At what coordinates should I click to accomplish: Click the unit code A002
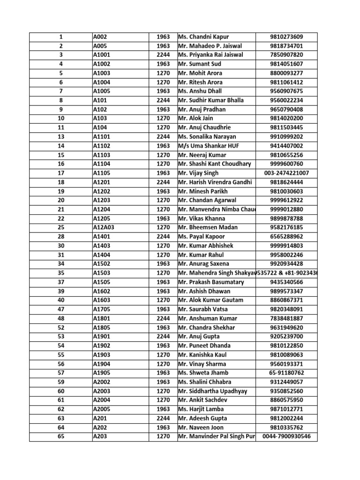coord(100,37)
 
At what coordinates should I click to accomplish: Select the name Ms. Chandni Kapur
coord(203,37)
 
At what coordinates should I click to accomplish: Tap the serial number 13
coord(61,137)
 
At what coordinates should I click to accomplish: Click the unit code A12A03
coord(104,227)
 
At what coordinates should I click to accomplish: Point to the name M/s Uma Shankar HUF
coord(209,146)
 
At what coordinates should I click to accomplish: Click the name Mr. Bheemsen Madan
coord(208,227)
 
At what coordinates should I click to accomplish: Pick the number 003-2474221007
coord(286,173)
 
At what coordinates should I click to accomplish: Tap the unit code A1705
coord(102,309)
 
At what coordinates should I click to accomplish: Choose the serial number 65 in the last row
coord(61,436)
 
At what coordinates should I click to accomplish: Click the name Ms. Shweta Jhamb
coord(203,373)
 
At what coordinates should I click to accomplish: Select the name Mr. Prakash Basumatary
coord(211,282)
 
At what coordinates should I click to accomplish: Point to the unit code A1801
coord(102,318)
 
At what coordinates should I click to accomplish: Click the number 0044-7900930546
coord(286,436)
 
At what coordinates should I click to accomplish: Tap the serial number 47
coord(61,309)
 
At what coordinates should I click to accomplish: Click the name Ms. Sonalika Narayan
coord(208,137)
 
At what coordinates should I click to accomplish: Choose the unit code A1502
coord(102,264)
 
